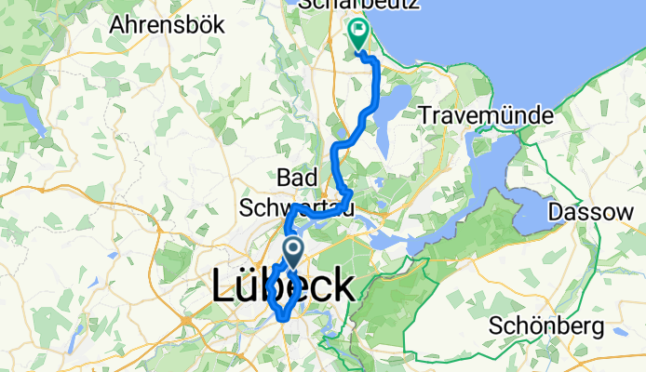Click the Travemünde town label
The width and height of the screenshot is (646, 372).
486,116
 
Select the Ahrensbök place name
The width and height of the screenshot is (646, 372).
167,25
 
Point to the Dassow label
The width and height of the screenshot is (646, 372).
598,211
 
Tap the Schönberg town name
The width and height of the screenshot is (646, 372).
546,327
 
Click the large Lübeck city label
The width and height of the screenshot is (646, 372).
284,286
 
